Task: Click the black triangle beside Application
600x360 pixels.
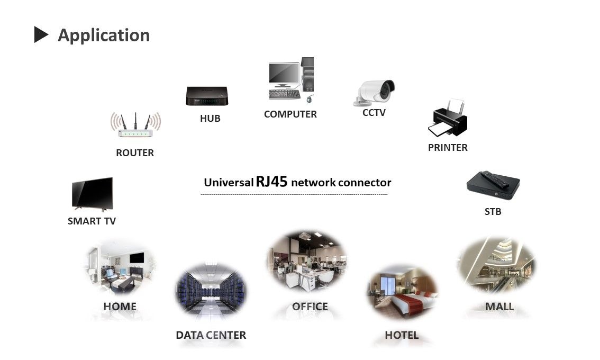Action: click(41, 35)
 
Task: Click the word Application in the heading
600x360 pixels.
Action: click(104, 35)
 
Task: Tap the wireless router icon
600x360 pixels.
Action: click(135, 127)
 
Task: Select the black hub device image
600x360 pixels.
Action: click(206, 96)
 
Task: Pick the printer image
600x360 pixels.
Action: click(448, 119)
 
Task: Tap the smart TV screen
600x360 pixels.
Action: click(92, 193)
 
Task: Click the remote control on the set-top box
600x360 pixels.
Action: click(494, 179)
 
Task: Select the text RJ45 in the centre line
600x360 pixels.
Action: click(271, 182)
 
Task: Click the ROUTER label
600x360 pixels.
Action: click(135, 153)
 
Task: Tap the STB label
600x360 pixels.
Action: click(493, 212)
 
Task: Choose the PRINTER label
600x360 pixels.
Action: click(448, 148)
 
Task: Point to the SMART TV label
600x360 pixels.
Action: click(92, 221)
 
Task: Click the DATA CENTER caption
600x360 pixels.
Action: click(211, 335)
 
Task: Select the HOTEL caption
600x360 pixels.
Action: click(402, 335)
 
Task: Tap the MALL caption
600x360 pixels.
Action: click(499, 307)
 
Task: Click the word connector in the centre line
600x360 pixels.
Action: click(365, 183)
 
